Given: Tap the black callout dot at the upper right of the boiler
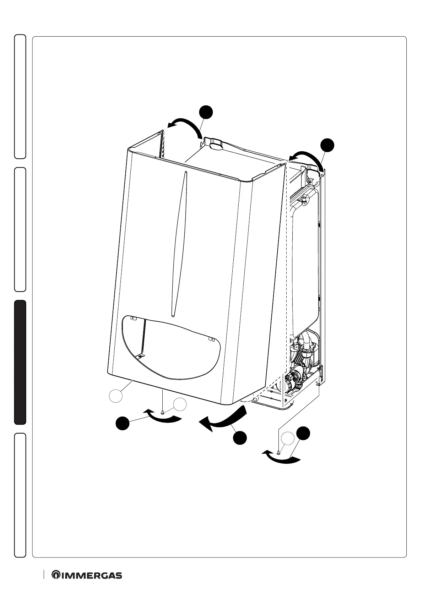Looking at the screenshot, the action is tap(327, 146).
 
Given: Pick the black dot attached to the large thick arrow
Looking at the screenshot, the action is tap(240, 437).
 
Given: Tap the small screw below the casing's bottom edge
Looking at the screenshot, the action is tap(162, 412).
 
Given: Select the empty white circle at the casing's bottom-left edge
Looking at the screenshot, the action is tap(116, 396).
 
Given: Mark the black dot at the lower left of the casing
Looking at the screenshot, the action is tap(123, 424).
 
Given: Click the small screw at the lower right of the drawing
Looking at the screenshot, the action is tap(279, 452).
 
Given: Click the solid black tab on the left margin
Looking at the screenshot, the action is tap(20, 363).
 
